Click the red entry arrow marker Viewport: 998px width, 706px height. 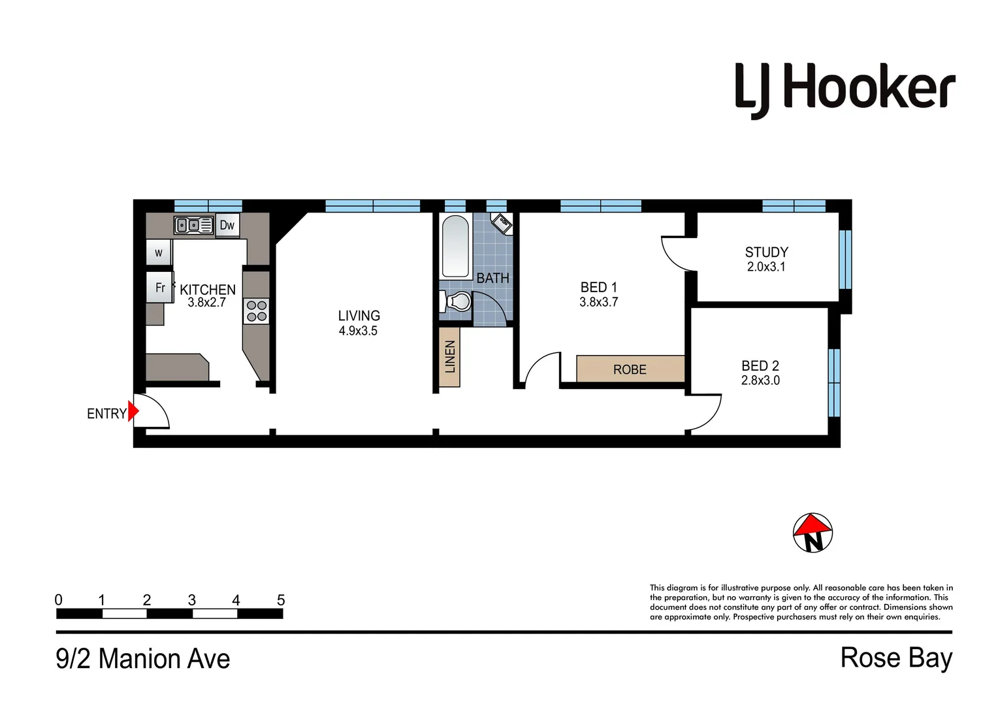click(133, 412)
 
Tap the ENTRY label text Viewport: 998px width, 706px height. click(106, 414)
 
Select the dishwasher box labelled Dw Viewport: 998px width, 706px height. click(227, 226)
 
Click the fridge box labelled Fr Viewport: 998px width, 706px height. click(159, 288)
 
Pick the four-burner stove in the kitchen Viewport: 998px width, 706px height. click(256, 311)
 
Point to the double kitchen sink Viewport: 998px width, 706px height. click(193, 225)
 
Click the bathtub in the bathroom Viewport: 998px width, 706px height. click(455, 247)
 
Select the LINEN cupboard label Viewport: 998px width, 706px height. click(449, 357)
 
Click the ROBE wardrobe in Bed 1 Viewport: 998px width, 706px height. click(630, 369)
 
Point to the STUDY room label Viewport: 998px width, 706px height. click(766, 252)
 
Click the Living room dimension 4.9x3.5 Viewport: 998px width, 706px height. click(358, 331)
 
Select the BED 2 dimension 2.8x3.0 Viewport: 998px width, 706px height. click(760, 380)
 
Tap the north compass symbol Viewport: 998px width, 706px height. click(813, 533)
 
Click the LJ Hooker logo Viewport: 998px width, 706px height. click(845, 90)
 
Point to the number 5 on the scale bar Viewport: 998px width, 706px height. click(281, 600)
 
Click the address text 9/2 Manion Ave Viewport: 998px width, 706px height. click(143, 659)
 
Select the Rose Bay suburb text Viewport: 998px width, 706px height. click(896, 658)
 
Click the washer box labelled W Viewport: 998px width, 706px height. click(159, 253)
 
